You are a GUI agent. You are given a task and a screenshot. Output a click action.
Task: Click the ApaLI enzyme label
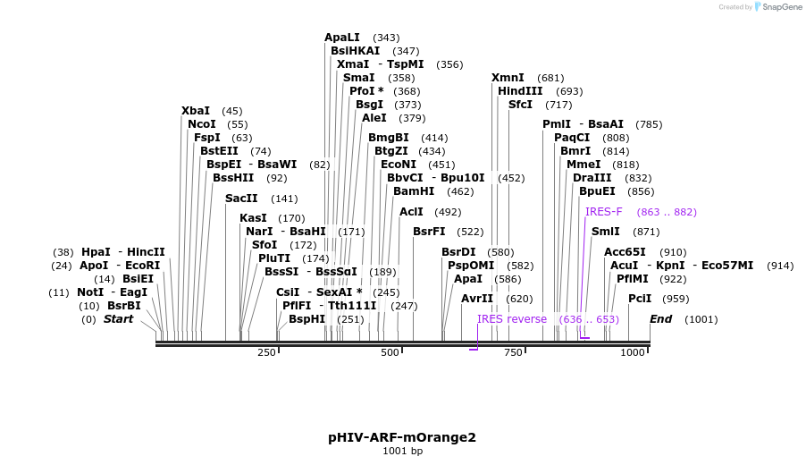coord(342,38)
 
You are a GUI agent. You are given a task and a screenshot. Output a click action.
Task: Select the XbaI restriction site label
coord(196,111)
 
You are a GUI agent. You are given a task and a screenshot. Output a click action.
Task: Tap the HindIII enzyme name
coord(520,91)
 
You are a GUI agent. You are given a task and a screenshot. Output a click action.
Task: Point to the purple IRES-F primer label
coord(604,212)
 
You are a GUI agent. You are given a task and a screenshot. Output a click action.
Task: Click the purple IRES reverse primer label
coord(512,319)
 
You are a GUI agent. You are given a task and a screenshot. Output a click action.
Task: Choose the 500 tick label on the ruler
coord(390,353)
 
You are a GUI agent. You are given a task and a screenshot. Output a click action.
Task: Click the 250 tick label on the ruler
coord(267,353)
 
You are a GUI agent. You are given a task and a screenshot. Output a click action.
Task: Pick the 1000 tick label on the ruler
coord(633,353)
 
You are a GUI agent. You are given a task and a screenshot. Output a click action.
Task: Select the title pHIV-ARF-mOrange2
coord(402,437)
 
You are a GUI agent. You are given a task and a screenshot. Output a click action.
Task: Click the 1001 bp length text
coord(402,452)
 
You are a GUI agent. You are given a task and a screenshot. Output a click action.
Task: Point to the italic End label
coord(660,319)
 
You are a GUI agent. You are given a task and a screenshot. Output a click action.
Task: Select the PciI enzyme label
coord(640,299)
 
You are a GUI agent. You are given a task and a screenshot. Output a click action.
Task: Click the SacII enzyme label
coord(241,199)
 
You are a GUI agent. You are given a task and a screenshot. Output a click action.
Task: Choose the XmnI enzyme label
coord(508,78)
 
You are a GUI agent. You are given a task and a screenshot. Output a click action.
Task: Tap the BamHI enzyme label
coord(414,191)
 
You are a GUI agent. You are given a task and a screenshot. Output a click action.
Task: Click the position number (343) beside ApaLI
coord(386,38)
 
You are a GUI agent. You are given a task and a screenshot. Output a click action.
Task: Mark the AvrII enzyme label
coord(476,299)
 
